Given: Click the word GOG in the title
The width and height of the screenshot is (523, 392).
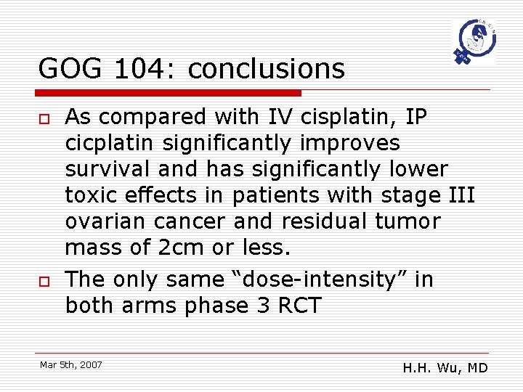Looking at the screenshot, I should [70, 69].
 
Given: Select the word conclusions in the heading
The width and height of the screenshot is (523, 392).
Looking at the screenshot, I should [266, 69].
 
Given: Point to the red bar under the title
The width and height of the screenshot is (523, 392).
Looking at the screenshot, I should [169, 93].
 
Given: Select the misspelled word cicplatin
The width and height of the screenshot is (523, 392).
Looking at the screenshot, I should [109, 142].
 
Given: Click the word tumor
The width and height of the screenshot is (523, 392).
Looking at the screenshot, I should [408, 221].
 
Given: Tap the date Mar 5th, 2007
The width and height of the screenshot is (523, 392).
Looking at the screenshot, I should [71, 364].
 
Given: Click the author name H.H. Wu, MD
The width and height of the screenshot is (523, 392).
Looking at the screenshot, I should [445, 368].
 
